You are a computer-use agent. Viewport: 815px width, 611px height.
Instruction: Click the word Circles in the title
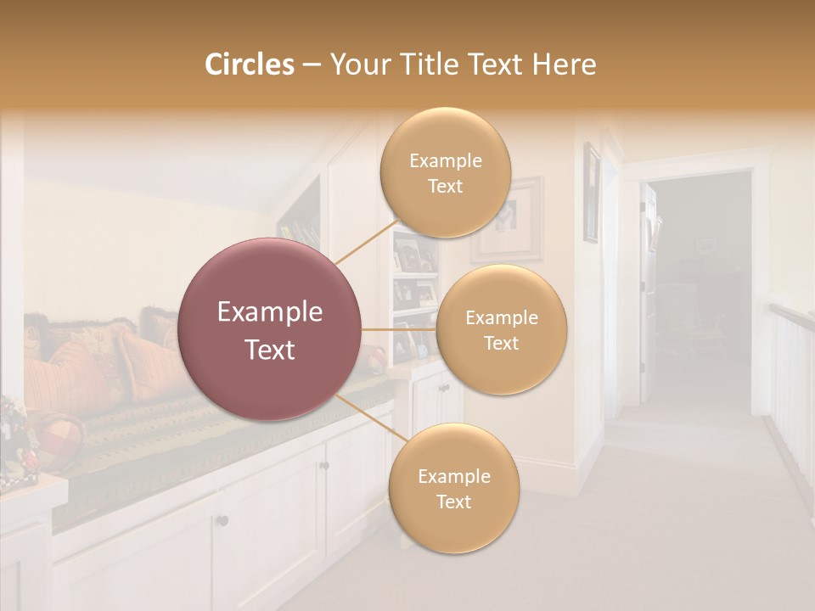pos(250,64)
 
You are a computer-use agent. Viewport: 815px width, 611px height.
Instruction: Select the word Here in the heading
pos(564,64)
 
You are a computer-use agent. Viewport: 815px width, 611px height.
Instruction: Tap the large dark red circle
pos(269,329)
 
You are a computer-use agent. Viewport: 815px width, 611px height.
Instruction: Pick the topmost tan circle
pos(445,173)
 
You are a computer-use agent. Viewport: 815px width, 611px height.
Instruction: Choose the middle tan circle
pos(501,330)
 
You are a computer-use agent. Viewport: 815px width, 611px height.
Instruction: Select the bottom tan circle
pos(453,489)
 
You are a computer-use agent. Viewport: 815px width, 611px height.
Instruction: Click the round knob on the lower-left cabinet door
pos(222,520)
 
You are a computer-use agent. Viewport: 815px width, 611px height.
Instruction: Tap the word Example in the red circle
pos(269,312)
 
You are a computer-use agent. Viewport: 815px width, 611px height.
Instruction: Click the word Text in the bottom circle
pos(453,502)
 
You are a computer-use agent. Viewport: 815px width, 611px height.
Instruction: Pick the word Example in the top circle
pos(445,160)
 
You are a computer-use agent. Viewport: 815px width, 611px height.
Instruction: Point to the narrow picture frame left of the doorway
pos(591,192)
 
